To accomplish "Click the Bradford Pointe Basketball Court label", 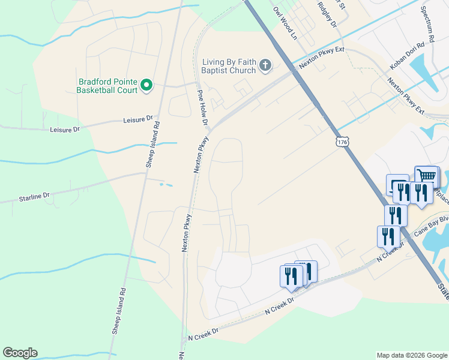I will (107, 86).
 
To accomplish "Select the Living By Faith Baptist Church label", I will (229, 65).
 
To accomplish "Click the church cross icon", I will (265, 65).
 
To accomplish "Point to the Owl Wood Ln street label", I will (285, 23).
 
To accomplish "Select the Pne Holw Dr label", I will (202, 108).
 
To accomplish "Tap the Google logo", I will (20, 353).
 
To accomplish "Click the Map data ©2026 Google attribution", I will (411, 355).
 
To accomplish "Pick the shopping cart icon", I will (426, 176).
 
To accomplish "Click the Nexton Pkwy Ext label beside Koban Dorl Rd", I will (406, 97).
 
